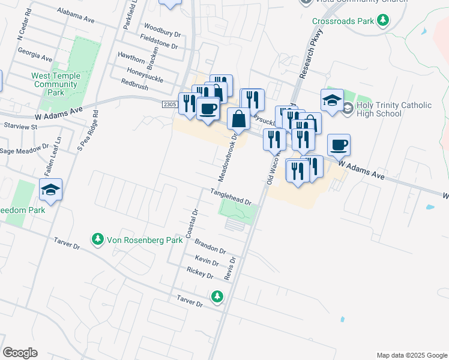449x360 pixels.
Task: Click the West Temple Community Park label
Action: point(55,85)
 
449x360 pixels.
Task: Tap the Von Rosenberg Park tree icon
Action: point(97,240)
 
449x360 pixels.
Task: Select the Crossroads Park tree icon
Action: point(382,22)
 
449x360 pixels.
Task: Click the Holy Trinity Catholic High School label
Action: point(394,109)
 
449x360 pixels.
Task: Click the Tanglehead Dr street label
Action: point(230,196)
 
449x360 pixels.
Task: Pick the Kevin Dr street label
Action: point(206,260)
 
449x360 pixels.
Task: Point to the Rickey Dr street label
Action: point(200,273)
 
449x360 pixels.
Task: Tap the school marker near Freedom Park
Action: point(51,190)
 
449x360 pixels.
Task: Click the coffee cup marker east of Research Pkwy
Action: point(339,145)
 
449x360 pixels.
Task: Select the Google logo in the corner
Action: point(20,353)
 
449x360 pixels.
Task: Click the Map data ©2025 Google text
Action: point(411,355)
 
